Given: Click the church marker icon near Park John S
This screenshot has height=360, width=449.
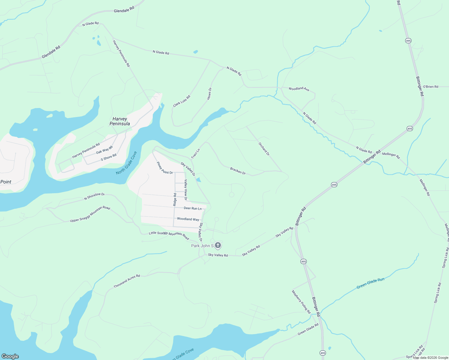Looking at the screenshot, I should pos(218,245).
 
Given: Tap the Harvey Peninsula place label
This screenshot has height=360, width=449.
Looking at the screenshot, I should pos(120,121).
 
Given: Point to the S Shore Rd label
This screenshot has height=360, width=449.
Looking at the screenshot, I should pos(109,157).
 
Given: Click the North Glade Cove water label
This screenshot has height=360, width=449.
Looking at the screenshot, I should pos(126,163).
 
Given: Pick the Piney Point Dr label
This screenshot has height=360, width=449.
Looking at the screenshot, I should pos(165,168).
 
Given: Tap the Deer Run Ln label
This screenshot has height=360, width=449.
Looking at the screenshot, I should pos(193,208).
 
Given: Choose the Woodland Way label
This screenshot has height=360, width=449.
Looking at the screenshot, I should pos(188,219).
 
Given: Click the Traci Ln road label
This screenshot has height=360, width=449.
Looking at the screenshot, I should pos(195,154).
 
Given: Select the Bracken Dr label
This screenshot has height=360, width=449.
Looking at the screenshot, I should pos(238,171).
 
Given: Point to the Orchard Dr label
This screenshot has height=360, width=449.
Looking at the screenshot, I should pos(264,149).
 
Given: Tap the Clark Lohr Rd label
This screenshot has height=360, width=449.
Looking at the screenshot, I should pos(182,101).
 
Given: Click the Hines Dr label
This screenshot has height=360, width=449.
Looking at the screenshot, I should pos(209,94).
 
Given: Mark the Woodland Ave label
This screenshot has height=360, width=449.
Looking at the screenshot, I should pos(299,89).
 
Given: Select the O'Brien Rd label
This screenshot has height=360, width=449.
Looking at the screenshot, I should pos(431,87).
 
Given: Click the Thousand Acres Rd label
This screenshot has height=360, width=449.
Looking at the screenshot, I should pos(127,281).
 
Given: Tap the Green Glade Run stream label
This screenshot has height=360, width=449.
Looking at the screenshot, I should pos(370,283).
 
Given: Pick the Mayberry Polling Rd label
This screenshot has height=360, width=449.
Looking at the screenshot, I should pos(301,302).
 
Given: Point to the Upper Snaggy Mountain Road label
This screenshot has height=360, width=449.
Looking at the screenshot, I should pos(90,214).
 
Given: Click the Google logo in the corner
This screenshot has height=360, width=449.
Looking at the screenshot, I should pos(10,356).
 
